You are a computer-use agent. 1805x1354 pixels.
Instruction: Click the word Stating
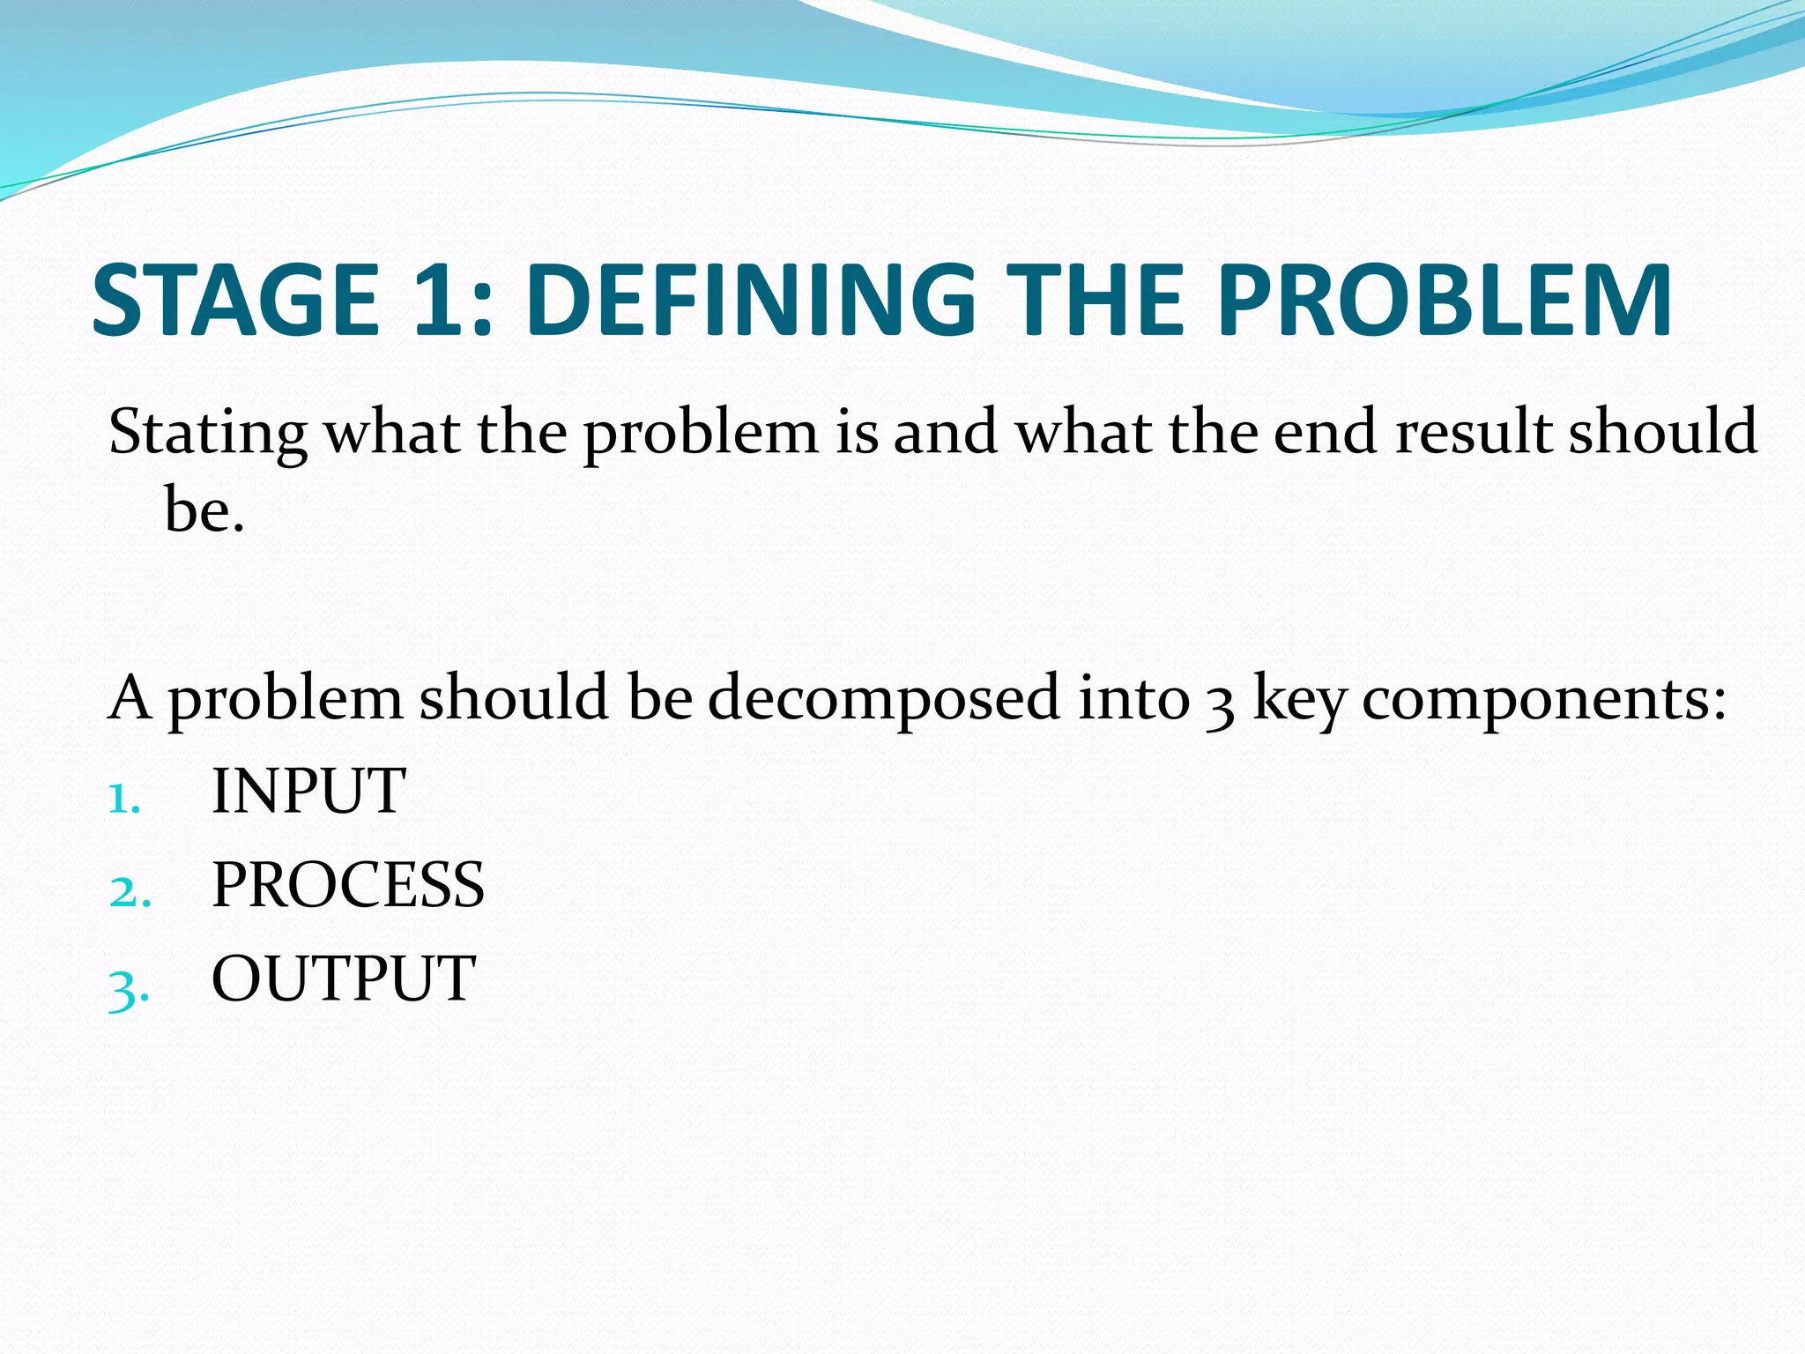click(208, 434)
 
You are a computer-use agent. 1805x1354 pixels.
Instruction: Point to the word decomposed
click(883, 698)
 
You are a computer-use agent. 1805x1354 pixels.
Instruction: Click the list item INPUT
click(308, 791)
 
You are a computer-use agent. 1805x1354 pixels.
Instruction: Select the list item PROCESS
click(348, 885)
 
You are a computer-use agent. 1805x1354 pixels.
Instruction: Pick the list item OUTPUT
click(344, 978)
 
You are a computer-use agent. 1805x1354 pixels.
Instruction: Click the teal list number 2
click(129, 892)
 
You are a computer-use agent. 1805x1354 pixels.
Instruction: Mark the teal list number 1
click(123, 799)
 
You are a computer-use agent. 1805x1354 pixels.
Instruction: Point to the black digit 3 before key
click(1220, 705)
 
